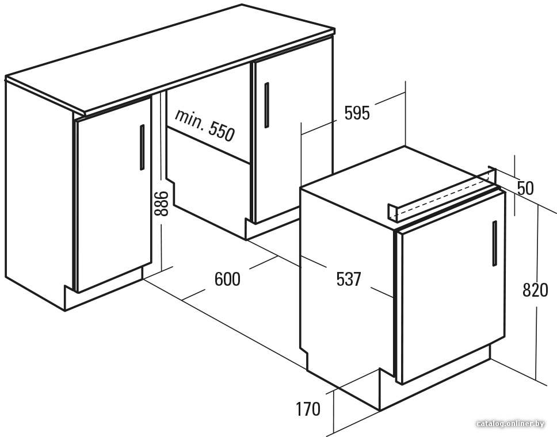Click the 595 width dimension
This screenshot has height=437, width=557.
(x=357, y=113)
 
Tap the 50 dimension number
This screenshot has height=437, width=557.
(x=525, y=188)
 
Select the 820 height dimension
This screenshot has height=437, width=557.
(x=535, y=290)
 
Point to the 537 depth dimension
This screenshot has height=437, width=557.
(x=349, y=279)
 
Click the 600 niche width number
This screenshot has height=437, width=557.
(x=227, y=279)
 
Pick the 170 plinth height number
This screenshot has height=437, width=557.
(x=308, y=409)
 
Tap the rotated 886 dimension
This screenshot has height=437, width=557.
(x=161, y=204)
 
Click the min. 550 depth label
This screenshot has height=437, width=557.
(x=205, y=125)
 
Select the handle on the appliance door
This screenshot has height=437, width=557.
(x=494, y=243)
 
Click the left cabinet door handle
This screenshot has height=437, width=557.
(x=142, y=147)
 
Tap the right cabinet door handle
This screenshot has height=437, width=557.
(x=266, y=105)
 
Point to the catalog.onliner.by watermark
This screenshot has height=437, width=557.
(x=510, y=424)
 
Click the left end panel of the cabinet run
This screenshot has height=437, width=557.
(x=40, y=193)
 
